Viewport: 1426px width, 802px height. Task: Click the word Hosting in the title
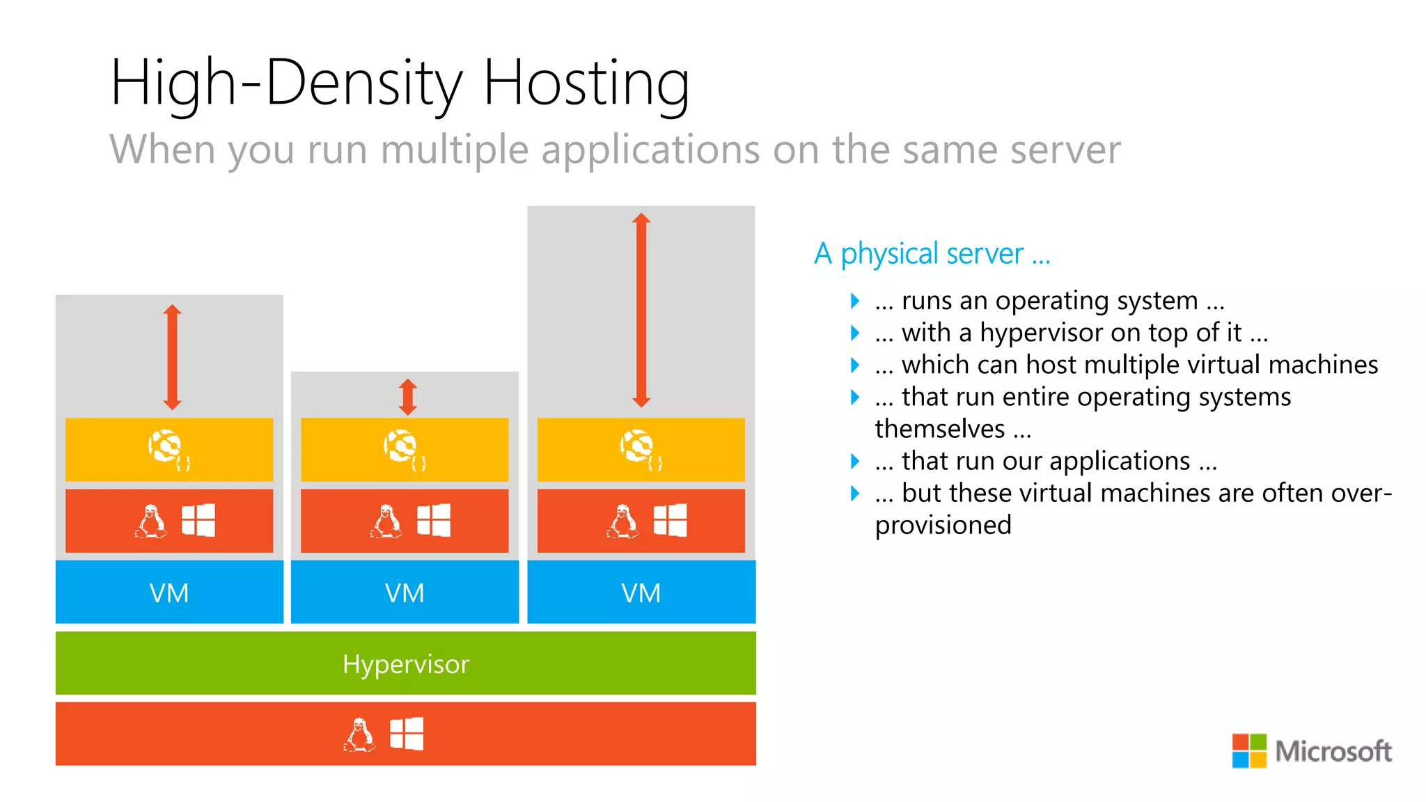click(x=586, y=84)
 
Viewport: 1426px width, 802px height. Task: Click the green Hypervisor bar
click(x=405, y=663)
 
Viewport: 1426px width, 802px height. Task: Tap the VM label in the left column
click(x=169, y=593)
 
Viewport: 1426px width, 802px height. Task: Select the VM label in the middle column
click(x=405, y=593)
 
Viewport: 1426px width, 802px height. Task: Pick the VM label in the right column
click(x=641, y=593)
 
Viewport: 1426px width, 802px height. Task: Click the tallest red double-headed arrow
click(x=641, y=310)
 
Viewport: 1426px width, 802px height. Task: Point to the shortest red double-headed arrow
click(x=408, y=397)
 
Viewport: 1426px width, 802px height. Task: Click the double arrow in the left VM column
click(x=172, y=357)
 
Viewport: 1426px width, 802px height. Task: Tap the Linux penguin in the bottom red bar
click(x=359, y=734)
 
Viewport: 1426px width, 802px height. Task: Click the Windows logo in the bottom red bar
click(x=407, y=734)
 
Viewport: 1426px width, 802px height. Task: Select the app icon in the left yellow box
click(x=168, y=449)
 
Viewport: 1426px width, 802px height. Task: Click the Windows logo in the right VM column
click(x=670, y=520)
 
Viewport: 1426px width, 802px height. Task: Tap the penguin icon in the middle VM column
click(x=386, y=521)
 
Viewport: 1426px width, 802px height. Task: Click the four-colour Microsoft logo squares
click(x=1249, y=750)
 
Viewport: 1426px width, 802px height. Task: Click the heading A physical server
click(x=932, y=254)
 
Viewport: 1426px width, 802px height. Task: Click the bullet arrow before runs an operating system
click(x=855, y=301)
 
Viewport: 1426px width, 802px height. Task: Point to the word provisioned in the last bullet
click(x=943, y=525)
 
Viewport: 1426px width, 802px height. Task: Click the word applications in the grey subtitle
click(x=650, y=150)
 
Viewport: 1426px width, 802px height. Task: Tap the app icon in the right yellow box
click(x=640, y=449)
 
